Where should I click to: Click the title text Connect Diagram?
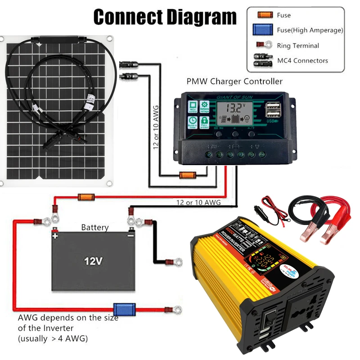(164, 17)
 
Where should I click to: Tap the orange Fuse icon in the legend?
(265, 15)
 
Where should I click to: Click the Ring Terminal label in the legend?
(298, 45)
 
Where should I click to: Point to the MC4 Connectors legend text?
(302, 60)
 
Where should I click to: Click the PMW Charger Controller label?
(234, 81)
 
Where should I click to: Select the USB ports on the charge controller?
(272, 109)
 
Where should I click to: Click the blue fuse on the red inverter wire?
(121, 309)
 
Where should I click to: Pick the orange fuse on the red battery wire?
(85, 197)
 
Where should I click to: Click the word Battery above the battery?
(94, 227)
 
